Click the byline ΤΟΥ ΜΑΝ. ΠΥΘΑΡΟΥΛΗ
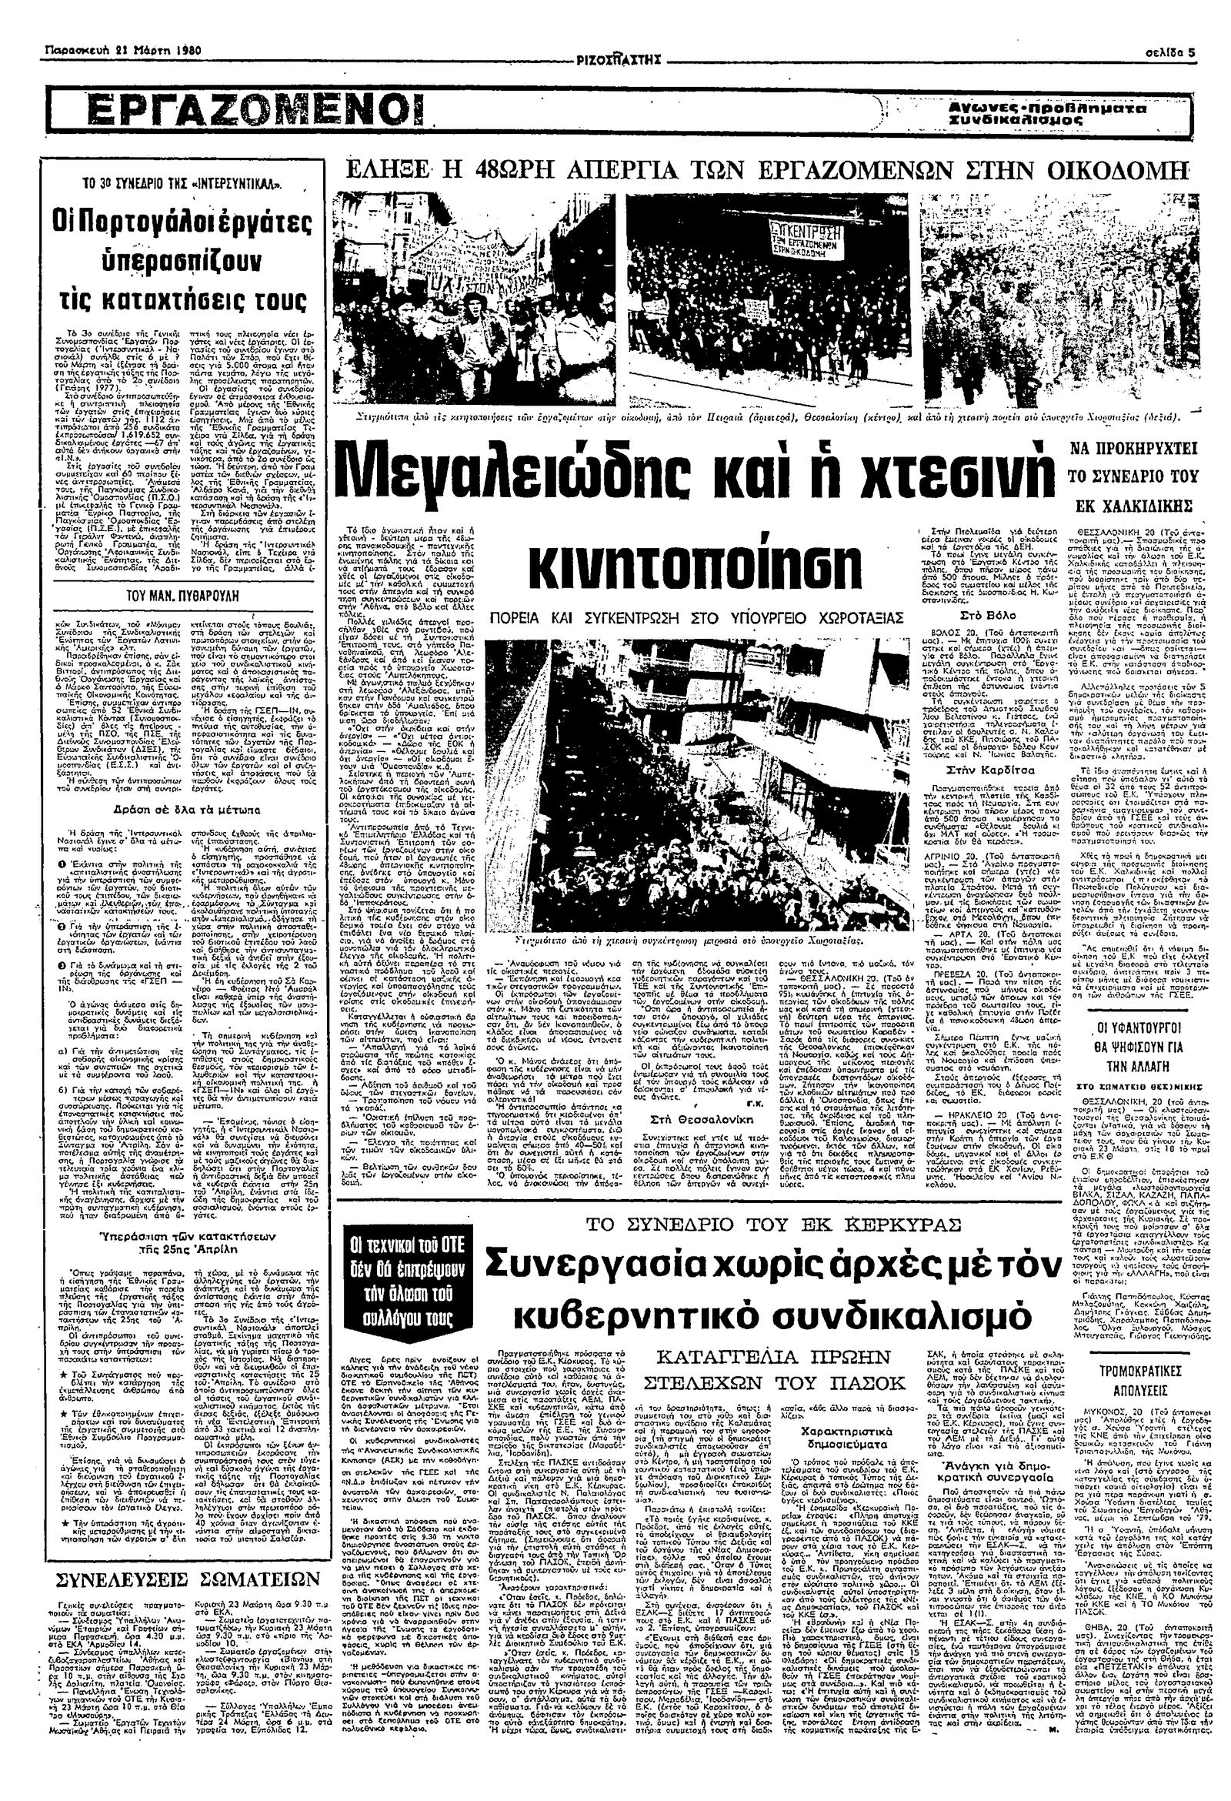173,596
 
